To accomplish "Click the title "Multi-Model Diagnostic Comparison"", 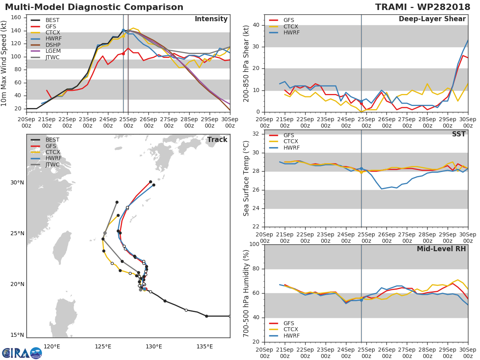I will (x=94, y=7).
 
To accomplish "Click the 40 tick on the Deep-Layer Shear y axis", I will (x=256, y=25).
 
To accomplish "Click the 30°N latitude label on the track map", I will (x=17, y=183).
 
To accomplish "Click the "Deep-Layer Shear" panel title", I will (x=432, y=19).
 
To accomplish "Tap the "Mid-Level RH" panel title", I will (x=441, y=249).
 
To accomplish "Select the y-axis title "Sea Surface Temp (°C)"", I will (x=246, y=178).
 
